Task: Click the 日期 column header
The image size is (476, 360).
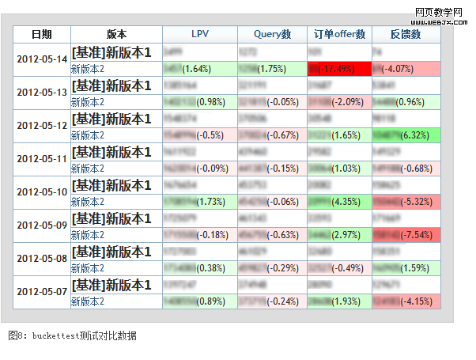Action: (x=42, y=34)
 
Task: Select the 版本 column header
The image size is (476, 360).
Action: (x=116, y=34)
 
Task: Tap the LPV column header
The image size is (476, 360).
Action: (x=200, y=34)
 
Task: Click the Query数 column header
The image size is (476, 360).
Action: (x=273, y=34)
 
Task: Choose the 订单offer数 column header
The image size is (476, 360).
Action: (x=339, y=34)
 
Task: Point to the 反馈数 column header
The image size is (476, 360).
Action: (x=405, y=34)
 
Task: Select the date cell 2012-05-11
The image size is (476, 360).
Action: (x=42, y=159)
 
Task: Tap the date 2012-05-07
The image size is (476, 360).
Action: (x=42, y=292)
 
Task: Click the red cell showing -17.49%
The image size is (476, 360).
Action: (x=339, y=69)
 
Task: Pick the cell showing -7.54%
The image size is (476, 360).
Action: (x=405, y=235)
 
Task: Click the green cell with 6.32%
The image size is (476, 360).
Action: (x=405, y=135)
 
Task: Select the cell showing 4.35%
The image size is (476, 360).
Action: (x=339, y=202)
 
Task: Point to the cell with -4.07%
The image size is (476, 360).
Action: (x=405, y=69)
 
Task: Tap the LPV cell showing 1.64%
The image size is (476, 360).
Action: (x=200, y=69)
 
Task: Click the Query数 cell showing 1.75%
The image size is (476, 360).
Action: (x=273, y=69)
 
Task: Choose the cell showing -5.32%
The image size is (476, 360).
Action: (x=405, y=202)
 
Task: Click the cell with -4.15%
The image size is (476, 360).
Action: (x=405, y=301)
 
